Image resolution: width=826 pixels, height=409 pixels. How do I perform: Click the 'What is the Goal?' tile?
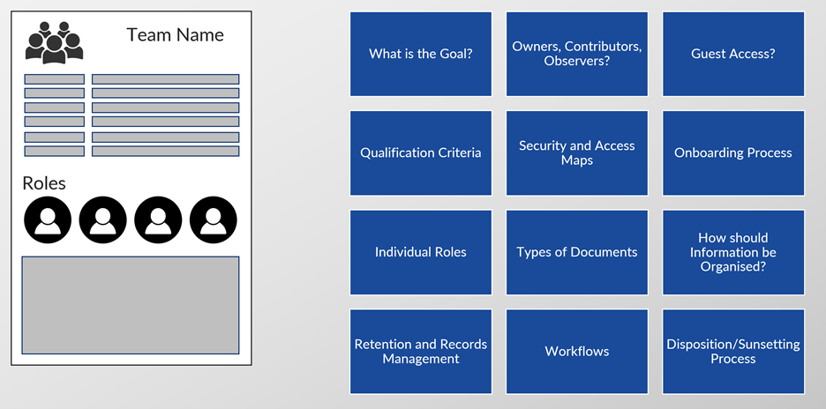pos(420,54)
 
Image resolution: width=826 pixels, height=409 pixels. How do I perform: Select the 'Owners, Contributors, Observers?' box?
pos(577,54)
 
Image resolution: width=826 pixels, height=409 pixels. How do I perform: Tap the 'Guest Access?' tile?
pos(733,54)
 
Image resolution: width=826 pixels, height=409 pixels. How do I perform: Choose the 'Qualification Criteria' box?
pos(420,152)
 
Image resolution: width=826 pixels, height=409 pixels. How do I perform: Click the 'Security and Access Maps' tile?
pos(577,152)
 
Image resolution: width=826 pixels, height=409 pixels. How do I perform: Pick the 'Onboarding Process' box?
pos(733,152)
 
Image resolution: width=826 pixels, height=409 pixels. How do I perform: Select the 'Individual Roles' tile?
pos(420,252)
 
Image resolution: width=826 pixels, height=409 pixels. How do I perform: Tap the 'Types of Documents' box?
pos(577,252)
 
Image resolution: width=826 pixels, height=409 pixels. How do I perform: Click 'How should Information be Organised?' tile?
pos(733,252)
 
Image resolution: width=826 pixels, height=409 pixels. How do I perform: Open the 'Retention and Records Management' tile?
pos(420,351)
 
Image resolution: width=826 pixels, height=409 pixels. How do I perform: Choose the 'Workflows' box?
pos(577,351)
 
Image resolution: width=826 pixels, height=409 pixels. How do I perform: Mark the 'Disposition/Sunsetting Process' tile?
pos(733,351)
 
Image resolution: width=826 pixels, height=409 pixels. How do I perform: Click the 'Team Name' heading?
pos(175,34)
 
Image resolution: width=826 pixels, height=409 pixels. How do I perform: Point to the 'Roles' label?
pos(44,183)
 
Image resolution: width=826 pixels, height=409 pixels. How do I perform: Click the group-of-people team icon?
pos(54,42)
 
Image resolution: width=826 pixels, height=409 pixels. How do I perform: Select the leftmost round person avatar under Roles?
pos(48,220)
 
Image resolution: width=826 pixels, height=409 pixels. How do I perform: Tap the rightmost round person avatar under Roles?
pos(214,220)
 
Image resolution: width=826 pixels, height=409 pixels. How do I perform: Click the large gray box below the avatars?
pos(130,305)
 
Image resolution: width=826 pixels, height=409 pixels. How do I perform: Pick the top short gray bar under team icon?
pos(54,79)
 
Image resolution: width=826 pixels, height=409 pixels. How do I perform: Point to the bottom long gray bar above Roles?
pos(165,151)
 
